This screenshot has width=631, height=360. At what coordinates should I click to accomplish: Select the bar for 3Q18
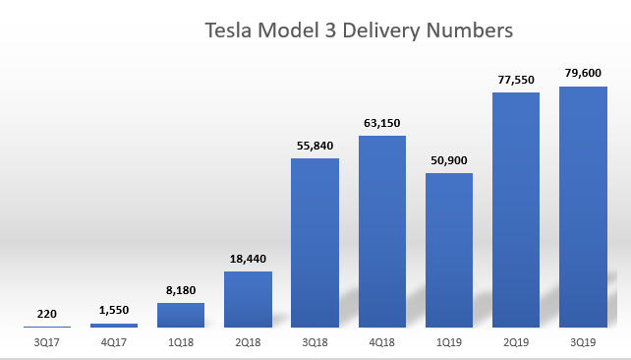pos(315,242)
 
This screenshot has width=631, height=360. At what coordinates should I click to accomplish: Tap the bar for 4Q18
pos(382,231)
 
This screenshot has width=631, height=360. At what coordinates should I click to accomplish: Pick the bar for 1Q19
pos(449,250)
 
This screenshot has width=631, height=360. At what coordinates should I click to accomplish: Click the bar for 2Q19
pos(516,210)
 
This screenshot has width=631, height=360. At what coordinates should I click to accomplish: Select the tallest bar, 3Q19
pos(583,207)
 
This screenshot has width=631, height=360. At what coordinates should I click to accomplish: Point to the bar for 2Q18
pos(248,299)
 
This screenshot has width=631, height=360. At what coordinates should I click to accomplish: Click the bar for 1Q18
pos(181,315)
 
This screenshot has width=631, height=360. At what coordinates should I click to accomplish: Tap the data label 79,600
pos(583,72)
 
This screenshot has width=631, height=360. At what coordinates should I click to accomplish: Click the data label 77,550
pos(516,78)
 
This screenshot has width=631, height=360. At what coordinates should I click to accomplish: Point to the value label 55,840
pos(315,144)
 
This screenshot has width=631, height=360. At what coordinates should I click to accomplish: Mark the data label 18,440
pos(248,258)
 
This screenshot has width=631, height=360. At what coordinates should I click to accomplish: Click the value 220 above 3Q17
pos(47,313)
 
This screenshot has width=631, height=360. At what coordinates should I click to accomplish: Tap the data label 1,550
pos(114,309)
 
